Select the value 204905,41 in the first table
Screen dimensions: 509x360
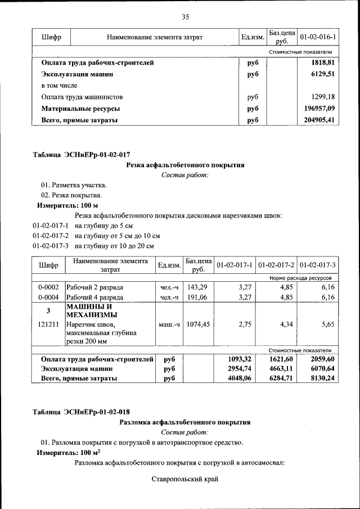coord(316,120)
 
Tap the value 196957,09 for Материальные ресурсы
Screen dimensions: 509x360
coord(316,108)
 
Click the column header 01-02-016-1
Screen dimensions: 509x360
coord(318,37)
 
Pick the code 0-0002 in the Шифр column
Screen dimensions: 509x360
coord(48,287)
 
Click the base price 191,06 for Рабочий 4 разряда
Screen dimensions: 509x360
coord(197,297)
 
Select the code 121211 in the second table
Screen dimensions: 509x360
coord(48,325)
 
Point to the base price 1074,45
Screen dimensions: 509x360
coord(197,325)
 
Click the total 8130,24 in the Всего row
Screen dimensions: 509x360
coord(318,379)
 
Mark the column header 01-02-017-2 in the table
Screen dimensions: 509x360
coord(276,264)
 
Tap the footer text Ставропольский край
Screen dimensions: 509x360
coord(184,479)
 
